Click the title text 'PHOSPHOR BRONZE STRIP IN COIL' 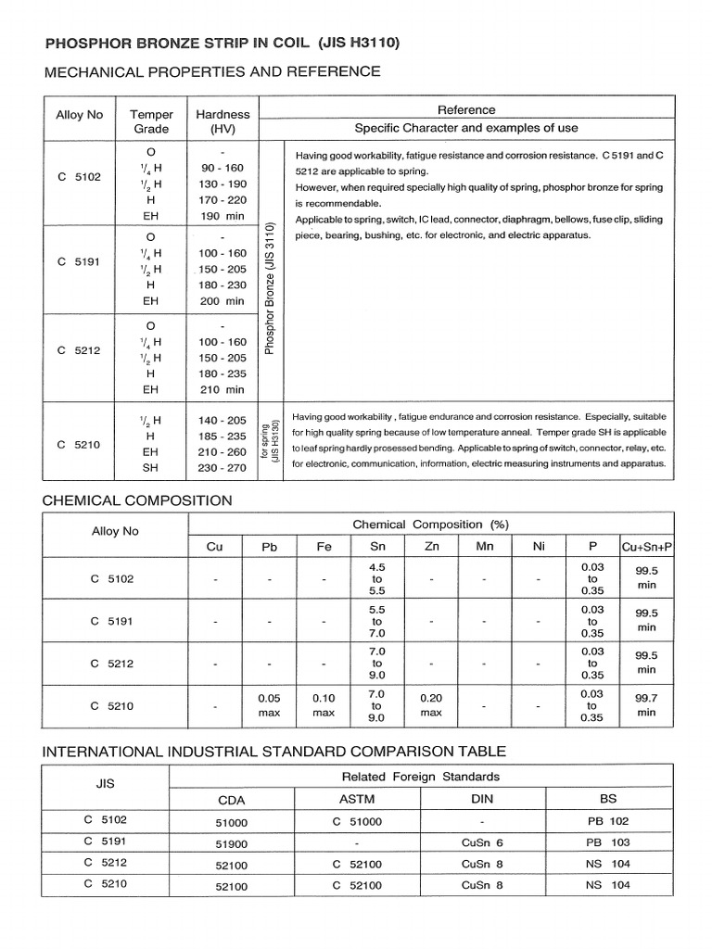coord(177,43)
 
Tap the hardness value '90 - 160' coord(222,167)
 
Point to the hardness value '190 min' coord(222,216)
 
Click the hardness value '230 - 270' coord(222,468)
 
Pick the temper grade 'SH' coord(151,468)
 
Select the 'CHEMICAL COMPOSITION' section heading coord(137,500)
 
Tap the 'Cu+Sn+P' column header coord(646,547)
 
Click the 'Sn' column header coord(377,547)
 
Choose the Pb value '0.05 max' coord(270,704)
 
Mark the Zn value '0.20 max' coord(431,704)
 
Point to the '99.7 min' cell coord(646,704)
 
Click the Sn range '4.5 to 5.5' coord(377,578)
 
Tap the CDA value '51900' coord(231,842)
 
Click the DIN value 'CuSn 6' coord(482,842)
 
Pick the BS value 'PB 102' coord(608,821)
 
